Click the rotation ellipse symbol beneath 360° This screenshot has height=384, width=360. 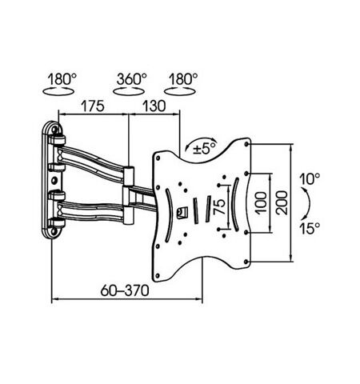point(131,93)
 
